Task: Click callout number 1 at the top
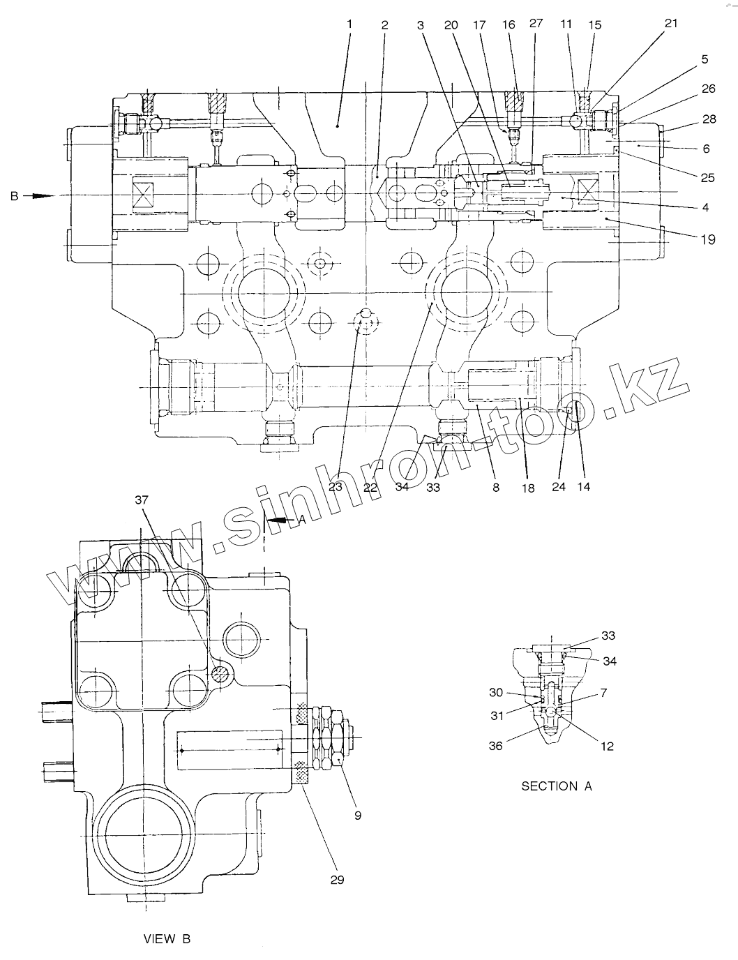click(349, 24)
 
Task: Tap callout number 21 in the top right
click(670, 24)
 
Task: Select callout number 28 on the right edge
click(709, 119)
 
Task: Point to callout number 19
click(708, 239)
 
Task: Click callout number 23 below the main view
click(335, 487)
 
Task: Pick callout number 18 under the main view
click(528, 488)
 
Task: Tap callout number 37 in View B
click(142, 500)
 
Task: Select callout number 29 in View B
click(337, 880)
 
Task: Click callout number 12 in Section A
click(607, 746)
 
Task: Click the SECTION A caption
click(557, 786)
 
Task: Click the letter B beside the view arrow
click(13, 197)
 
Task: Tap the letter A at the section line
click(302, 519)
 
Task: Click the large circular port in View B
click(144, 838)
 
